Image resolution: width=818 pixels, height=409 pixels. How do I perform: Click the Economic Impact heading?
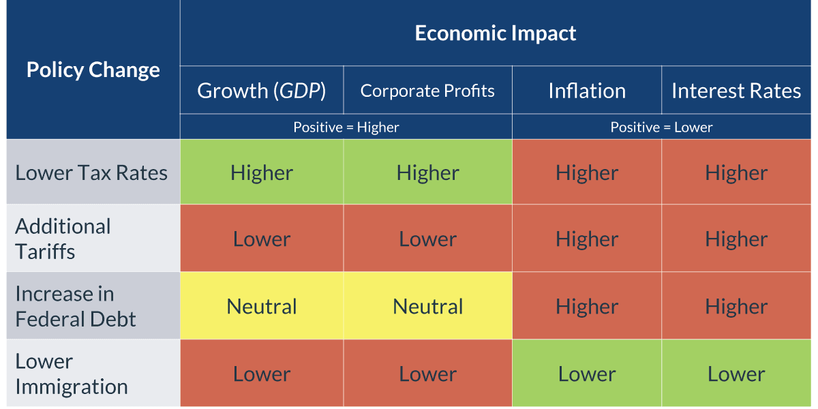[x=496, y=33]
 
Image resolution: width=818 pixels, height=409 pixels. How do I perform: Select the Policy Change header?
[x=93, y=70]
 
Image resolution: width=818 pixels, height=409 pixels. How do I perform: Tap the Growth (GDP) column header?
[x=262, y=91]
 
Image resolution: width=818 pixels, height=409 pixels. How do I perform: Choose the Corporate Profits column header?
[x=427, y=91]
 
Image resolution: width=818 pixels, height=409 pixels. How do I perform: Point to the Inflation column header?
[x=587, y=91]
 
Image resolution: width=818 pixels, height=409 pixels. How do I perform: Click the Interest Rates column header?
[x=736, y=91]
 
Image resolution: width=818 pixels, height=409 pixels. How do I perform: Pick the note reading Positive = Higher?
[x=346, y=127]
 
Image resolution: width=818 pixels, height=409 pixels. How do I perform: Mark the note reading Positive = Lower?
[x=661, y=127]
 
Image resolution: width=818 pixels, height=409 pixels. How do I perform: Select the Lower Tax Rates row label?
[x=91, y=172]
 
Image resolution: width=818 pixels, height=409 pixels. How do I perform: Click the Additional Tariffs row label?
[x=63, y=239]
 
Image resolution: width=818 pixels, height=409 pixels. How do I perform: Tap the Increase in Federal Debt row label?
[x=76, y=306]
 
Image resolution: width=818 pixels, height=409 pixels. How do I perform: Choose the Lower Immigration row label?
[x=72, y=374]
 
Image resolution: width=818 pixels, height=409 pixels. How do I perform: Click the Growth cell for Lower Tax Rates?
[x=262, y=172]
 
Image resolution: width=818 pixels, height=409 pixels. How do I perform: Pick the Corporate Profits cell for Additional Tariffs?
[x=427, y=239]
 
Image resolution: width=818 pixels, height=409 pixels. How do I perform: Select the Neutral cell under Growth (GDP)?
[x=262, y=306]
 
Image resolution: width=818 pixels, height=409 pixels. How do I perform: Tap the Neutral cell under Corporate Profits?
[x=427, y=306]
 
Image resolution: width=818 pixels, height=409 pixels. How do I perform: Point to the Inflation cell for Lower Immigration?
[x=587, y=374]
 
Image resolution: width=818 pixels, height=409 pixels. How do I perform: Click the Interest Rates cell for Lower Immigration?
[x=736, y=374]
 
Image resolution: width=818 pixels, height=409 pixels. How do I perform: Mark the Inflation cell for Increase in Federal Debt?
[x=587, y=306]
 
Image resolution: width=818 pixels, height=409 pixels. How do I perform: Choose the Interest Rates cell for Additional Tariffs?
[x=736, y=239]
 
